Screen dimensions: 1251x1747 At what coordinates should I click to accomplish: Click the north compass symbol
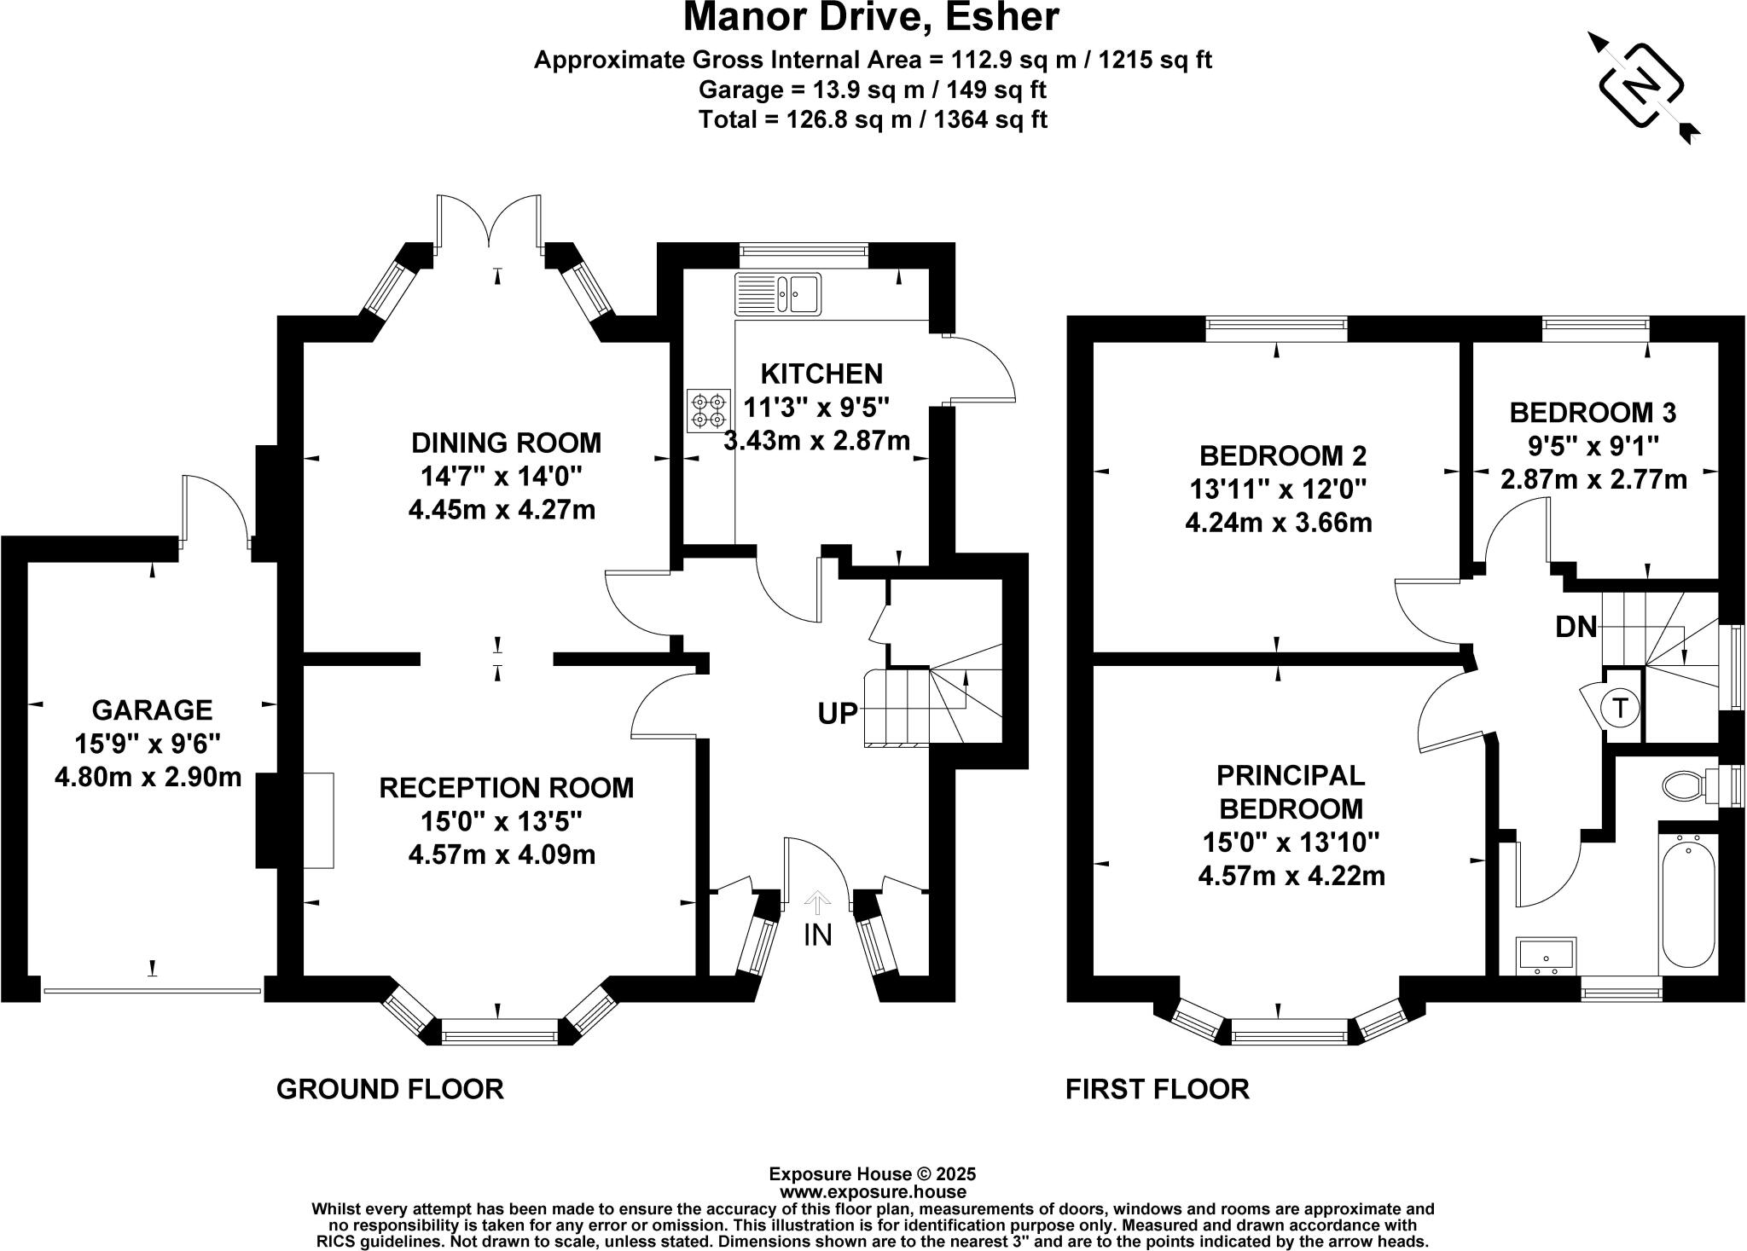point(1641,88)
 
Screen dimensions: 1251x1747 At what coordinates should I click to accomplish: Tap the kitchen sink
point(777,293)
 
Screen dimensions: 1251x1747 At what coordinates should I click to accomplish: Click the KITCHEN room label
point(821,374)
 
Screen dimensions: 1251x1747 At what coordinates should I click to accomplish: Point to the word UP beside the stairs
point(838,714)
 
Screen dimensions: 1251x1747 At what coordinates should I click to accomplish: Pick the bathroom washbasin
point(1546,955)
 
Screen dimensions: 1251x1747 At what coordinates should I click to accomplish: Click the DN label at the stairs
point(1576,628)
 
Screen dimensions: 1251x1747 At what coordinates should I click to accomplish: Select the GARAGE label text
point(152,709)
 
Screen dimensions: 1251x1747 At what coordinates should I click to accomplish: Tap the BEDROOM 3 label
point(1593,413)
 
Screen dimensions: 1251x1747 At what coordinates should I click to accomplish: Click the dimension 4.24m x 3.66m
point(1278,522)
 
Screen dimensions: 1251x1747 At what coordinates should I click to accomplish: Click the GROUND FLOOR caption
point(390,1089)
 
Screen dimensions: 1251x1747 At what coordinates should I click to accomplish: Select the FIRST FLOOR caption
point(1157,1089)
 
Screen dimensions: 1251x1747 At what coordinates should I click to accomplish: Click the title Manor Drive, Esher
point(871,19)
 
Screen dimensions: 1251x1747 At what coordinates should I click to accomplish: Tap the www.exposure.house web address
point(872,1192)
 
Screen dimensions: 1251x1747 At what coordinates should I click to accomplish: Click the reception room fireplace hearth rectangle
point(318,820)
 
